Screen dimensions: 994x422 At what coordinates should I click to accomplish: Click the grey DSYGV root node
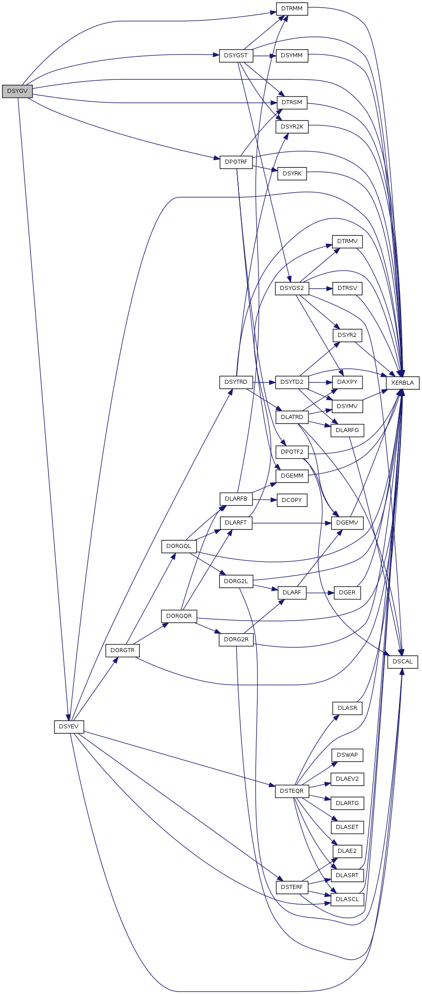(x=18, y=91)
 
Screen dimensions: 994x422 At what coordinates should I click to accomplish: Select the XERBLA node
(x=403, y=383)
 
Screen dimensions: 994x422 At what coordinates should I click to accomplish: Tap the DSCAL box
(x=403, y=662)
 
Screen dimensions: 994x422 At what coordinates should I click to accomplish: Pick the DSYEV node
(x=69, y=727)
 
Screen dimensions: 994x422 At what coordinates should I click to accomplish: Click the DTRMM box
(x=292, y=9)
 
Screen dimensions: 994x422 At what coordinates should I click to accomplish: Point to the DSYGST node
(x=236, y=55)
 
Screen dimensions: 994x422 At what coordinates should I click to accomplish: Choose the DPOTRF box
(x=236, y=162)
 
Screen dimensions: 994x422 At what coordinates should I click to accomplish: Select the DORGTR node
(x=123, y=650)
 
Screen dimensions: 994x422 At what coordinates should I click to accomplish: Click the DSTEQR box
(x=292, y=791)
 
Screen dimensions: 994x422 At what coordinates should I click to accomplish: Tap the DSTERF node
(x=292, y=887)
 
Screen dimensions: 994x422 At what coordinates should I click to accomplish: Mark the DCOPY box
(x=292, y=500)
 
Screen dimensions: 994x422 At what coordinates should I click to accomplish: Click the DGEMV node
(x=347, y=523)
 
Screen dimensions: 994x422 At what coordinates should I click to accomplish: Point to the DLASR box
(x=347, y=708)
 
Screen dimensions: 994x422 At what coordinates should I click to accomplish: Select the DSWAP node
(x=347, y=755)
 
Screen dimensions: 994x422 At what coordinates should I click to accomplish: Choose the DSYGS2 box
(x=292, y=288)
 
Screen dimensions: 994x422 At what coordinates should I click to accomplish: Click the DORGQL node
(x=179, y=546)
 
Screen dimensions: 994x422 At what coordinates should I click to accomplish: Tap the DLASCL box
(x=347, y=899)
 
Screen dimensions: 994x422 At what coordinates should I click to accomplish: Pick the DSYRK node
(x=292, y=174)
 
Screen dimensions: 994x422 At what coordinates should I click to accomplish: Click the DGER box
(x=347, y=592)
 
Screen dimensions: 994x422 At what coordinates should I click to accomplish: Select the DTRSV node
(x=347, y=288)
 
